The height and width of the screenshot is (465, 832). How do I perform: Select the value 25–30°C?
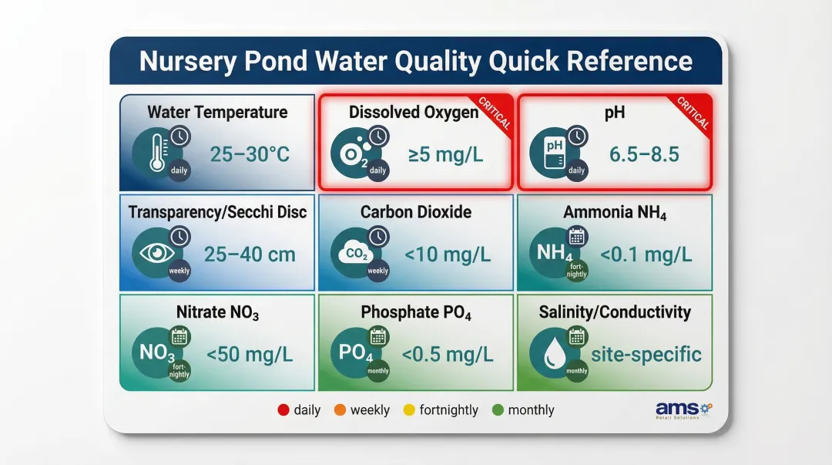coord(250,154)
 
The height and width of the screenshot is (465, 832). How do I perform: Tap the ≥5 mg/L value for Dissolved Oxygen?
coord(446,154)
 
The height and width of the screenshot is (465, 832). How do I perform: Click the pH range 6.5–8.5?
coord(644,154)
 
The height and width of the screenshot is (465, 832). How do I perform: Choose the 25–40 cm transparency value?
coord(250,254)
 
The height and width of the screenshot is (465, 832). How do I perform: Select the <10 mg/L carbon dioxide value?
coord(448,254)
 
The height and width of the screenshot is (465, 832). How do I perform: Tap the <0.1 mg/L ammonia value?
coord(646,254)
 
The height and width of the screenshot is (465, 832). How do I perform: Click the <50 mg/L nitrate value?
coord(250,355)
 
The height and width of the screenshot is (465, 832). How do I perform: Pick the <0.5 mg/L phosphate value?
coord(448,355)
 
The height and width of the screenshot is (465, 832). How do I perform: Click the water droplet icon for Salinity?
coord(553,355)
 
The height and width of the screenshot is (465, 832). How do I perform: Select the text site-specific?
coord(646,355)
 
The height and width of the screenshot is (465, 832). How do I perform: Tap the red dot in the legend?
coord(283,410)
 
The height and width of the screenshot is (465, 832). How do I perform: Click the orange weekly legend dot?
coord(340,410)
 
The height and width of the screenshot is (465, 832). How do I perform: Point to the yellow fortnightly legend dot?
coord(409,410)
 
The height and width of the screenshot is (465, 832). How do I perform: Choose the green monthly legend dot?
coord(498,410)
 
